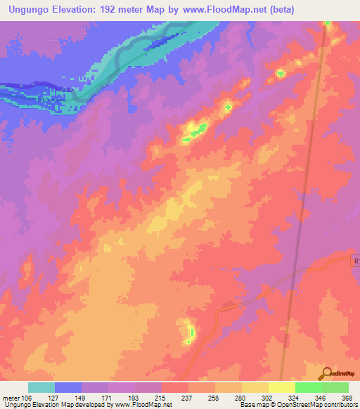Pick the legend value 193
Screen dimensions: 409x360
click(135, 398)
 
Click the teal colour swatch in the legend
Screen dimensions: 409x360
click(41, 387)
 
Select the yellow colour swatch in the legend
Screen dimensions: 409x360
click(282, 387)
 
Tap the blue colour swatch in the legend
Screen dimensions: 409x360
click(68, 387)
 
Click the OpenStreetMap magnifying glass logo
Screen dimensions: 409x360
click(326, 374)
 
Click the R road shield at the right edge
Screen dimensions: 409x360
click(355, 261)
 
